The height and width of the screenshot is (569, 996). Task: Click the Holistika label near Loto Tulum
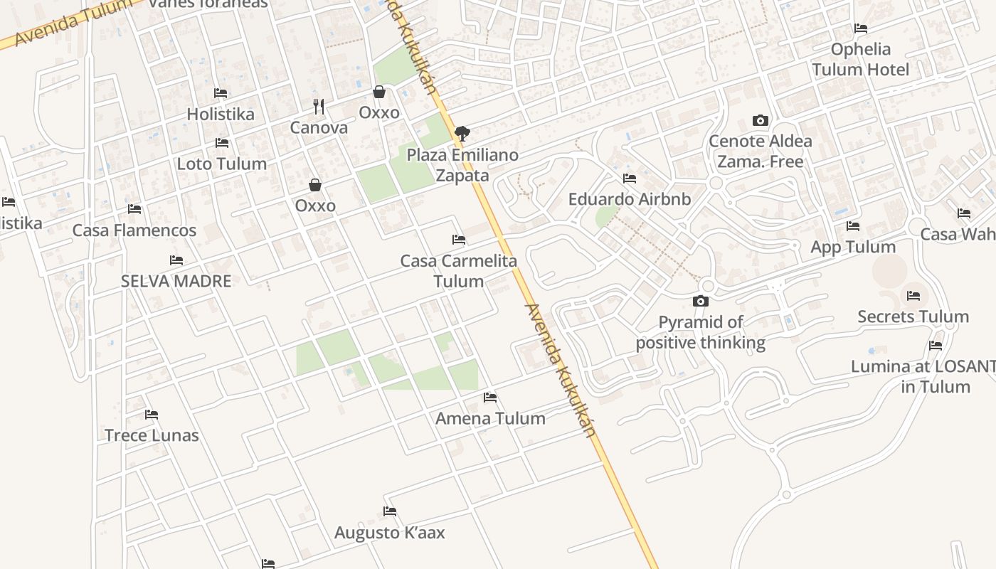[x=220, y=114]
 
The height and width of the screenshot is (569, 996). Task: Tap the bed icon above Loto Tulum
[x=222, y=142]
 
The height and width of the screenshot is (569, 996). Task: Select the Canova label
[x=319, y=128]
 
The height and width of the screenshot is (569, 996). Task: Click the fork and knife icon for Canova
[x=319, y=107]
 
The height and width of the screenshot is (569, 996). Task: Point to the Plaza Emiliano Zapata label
[x=462, y=165]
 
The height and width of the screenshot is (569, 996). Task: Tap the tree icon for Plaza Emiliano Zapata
[x=462, y=132]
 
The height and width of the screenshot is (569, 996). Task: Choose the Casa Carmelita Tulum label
[x=459, y=271]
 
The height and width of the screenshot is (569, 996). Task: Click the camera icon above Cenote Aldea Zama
[x=760, y=121]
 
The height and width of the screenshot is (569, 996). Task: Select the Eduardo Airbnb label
[x=629, y=199]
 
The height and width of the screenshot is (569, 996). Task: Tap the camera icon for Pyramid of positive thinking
[x=700, y=302]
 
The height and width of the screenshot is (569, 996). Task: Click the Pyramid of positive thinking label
[x=701, y=333]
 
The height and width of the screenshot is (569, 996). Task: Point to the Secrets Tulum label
[x=913, y=317]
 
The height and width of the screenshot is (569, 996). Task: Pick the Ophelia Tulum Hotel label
[x=861, y=59]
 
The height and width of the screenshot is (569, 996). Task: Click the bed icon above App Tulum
[x=853, y=226]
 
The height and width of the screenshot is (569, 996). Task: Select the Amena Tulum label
[x=490, y=418]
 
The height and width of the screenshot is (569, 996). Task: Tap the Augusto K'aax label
[x=389, y=533]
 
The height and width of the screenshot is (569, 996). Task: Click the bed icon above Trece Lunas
[x=152, y=414]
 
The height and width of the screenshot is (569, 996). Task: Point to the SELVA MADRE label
[x=176, y=281]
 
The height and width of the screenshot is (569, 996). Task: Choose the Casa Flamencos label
[x=134, y=230]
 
